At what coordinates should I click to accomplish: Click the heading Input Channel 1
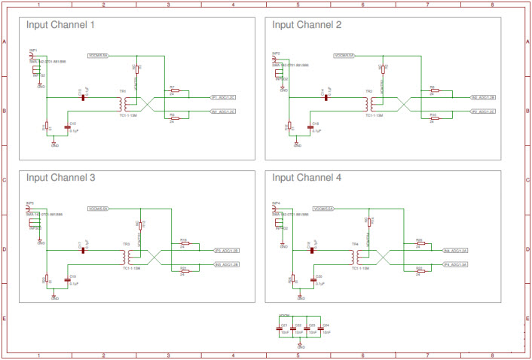[60, 25]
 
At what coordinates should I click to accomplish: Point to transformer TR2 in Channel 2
[368, 103]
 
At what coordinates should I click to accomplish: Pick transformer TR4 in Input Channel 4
[354, 257]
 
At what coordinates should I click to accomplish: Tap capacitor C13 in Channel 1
[69, 128]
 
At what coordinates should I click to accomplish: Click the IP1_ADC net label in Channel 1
[224, 97]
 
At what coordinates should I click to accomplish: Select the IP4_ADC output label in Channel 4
[456, 264]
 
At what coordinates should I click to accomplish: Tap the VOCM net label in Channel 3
[99, 208]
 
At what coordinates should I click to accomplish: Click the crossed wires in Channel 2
[400, 104]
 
